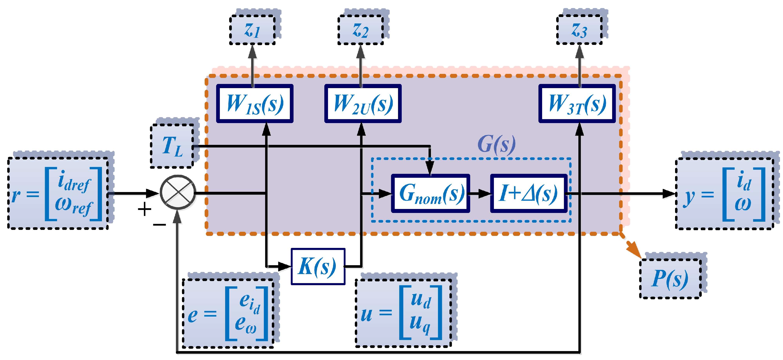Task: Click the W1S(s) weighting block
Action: point(255,104)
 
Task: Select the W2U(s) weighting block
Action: point(363,104)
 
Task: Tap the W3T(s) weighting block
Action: point(577,104)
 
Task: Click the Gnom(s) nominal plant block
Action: point(430,193)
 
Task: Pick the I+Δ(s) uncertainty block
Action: point(529,193)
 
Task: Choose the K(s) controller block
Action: point(318,266)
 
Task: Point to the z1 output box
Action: point(252,30)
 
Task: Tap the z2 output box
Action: point(361,30)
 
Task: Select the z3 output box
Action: point(579,30)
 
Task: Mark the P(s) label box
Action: point(671,279)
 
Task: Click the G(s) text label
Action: point(496,144)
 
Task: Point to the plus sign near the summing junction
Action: point(145,209)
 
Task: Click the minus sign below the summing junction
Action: point(159,225)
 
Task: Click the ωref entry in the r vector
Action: point(73,207)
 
